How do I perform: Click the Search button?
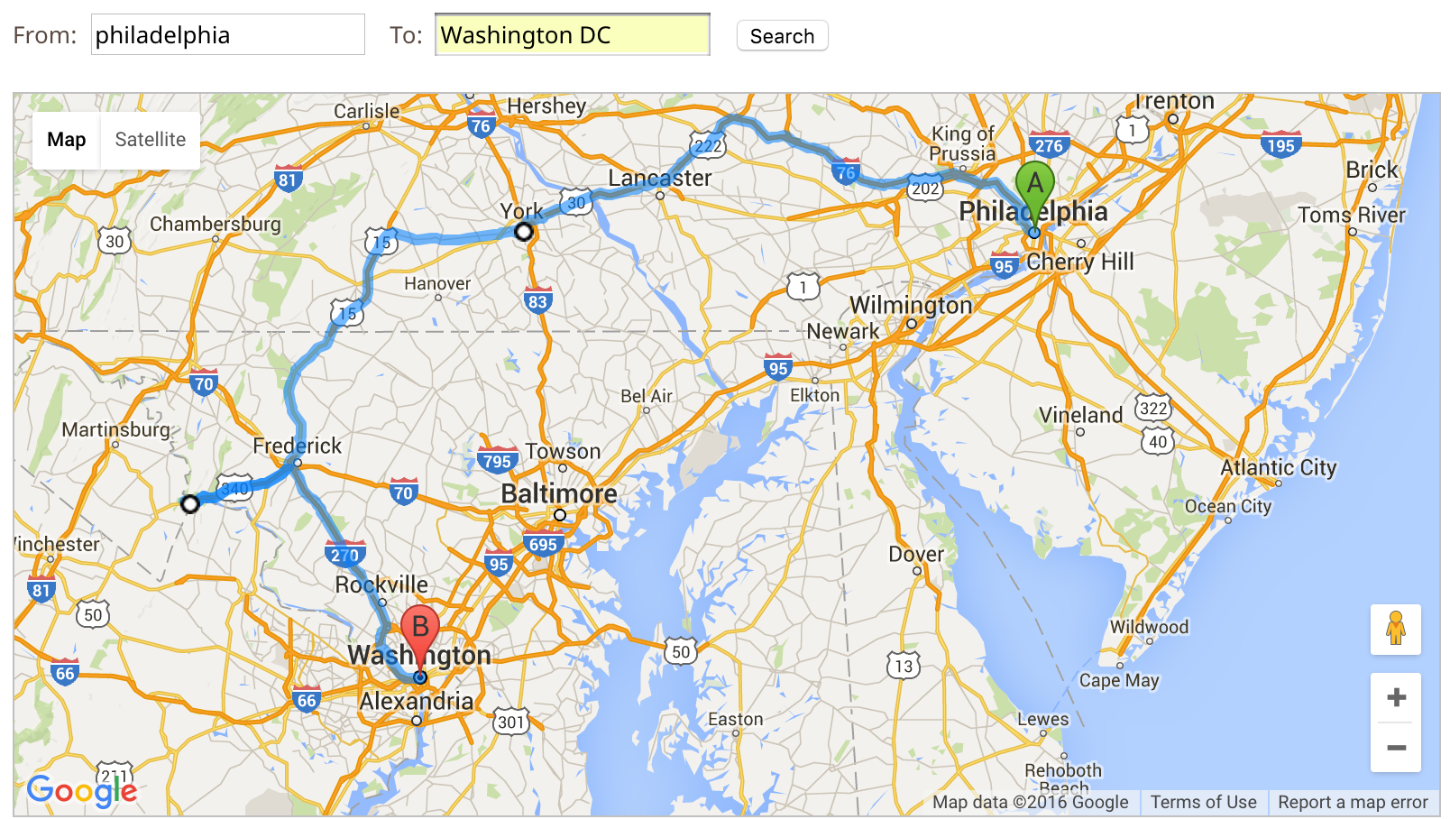coord(782,36)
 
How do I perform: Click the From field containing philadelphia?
coord(227,35)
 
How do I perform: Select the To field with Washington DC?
coord(572,35)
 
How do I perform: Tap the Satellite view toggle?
coord(150,140)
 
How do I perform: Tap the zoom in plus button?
coord(1396,697)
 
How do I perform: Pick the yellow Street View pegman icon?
coord(1396,629)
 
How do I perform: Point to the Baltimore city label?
coord(559,493)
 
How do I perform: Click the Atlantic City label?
coord(1278,467)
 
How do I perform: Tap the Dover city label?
coord(916,554)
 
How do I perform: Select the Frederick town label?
coord(297,446)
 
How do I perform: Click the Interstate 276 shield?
coord(1049,144)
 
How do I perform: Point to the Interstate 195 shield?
coord(1280,144)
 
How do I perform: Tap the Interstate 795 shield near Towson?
coord(497,461)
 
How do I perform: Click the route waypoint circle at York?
coord(524,232)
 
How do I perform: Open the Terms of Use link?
coord(1203,802)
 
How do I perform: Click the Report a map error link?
coord(1353,802)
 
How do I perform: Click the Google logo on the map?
coord(82,791)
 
